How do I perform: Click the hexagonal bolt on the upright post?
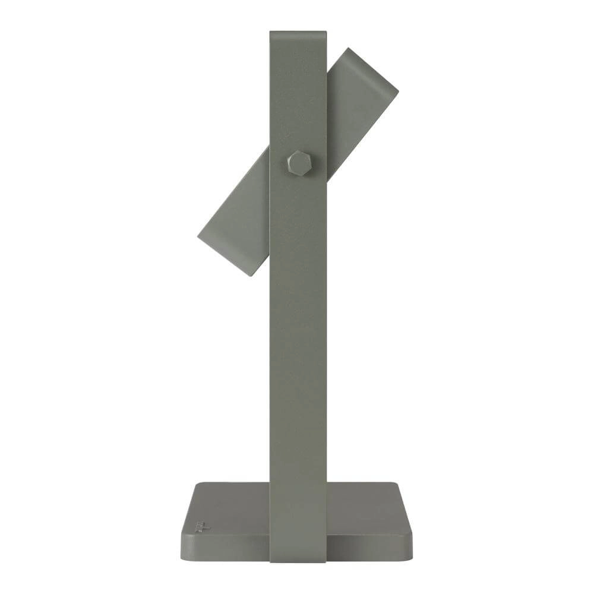298,163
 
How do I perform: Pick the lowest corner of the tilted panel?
251,275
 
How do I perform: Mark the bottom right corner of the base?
410,556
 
